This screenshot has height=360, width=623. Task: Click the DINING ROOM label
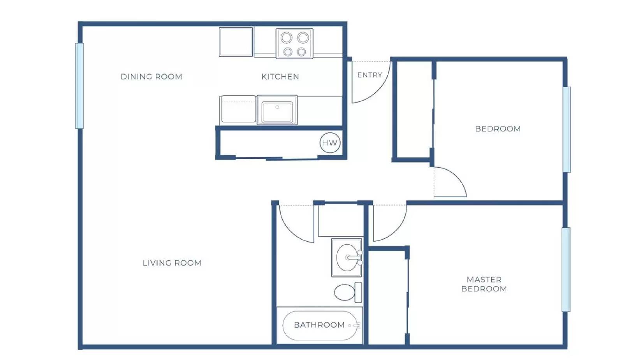click(x=151, y=77)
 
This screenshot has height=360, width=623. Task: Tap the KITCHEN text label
click(x=280, y=77)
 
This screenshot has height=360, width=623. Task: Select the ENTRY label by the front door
click(x=369, y=75)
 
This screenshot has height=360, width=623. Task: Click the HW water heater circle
click(x=329, y=143)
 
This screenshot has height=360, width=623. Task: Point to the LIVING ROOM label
click(x=172, y=263)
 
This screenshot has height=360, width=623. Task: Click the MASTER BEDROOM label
click(x=484, y=284)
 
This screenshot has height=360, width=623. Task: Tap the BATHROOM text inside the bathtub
click(x=319, y=325)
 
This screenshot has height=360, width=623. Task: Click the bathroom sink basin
click(x=347, y=257)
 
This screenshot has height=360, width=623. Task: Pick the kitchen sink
click(x=277, y=111)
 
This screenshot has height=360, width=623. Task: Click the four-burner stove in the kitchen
click(x=294, y=44)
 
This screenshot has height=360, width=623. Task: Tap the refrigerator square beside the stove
click(x=236, y=42)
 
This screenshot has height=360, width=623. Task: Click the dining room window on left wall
click(x=79, y=86)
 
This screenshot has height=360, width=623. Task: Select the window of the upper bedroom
click(x=567, y=129)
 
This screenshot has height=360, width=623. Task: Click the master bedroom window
click(x=566, y=269)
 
